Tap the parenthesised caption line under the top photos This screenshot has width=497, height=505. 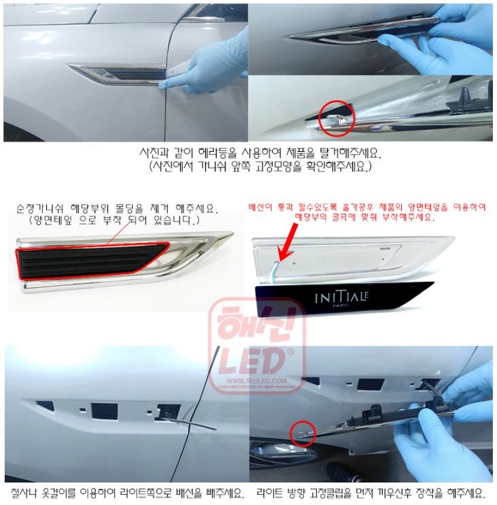pyautogui.click(x=248, y=165)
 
